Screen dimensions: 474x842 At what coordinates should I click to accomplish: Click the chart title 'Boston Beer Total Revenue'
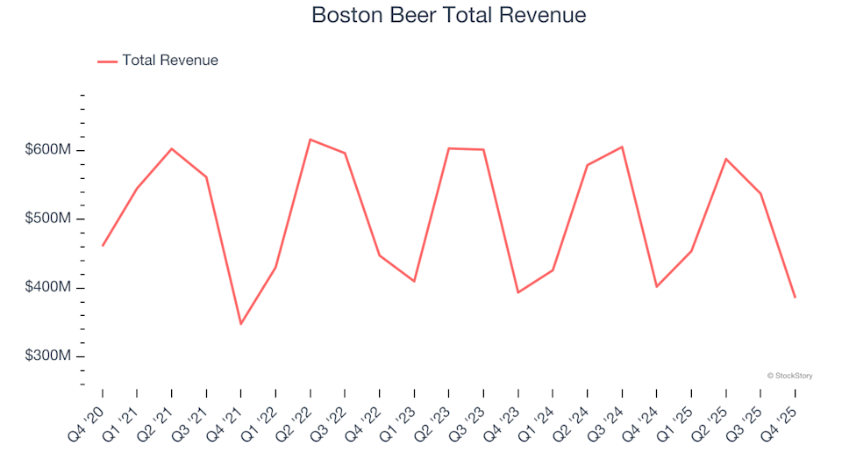[448, 15]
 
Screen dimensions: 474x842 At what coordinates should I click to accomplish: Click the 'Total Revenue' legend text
[170, 61]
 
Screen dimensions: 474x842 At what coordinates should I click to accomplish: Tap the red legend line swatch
[107, 61]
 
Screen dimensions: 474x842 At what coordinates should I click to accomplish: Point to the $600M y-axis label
[48, 150]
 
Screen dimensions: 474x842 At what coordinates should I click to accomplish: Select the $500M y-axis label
[48, 219]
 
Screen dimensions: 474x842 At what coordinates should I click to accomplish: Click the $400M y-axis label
[48, 288]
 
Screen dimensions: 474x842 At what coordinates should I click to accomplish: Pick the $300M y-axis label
[48, 356]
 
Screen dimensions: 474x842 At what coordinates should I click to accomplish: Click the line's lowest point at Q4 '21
[240, 324]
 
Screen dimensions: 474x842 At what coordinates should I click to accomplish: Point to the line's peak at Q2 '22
[310, 140]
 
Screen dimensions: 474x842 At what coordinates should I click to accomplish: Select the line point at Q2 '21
[171, 148]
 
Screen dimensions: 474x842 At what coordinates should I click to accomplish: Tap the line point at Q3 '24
[622, 147]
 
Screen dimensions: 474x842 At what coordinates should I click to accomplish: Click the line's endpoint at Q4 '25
[795, 298]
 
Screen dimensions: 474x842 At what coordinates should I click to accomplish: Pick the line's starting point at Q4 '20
[103, 246]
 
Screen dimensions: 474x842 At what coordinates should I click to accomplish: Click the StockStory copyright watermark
[789, 376]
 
